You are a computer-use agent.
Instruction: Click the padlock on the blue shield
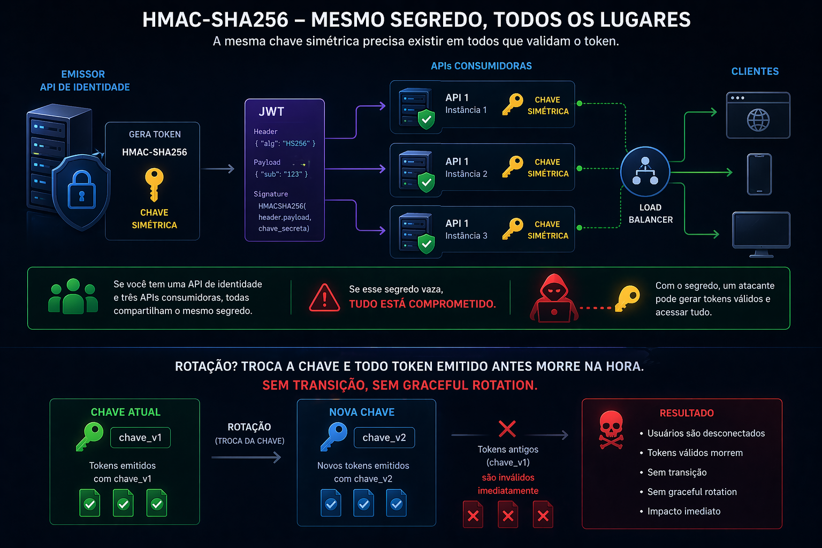81,189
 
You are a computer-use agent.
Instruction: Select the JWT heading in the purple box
271,112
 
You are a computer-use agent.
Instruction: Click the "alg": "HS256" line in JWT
285,143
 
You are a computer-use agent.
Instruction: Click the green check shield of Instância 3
426,243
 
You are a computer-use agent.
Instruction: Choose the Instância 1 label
466,110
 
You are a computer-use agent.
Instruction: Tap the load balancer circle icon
645,172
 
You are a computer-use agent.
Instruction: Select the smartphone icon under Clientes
759,174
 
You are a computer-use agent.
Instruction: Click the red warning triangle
324,298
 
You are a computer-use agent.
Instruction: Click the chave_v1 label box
140,438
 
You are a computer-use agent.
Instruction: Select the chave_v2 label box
384,438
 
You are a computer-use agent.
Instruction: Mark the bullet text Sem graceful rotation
692,492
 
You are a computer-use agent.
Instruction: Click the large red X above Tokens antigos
507,429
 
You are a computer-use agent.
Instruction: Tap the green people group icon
73,296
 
